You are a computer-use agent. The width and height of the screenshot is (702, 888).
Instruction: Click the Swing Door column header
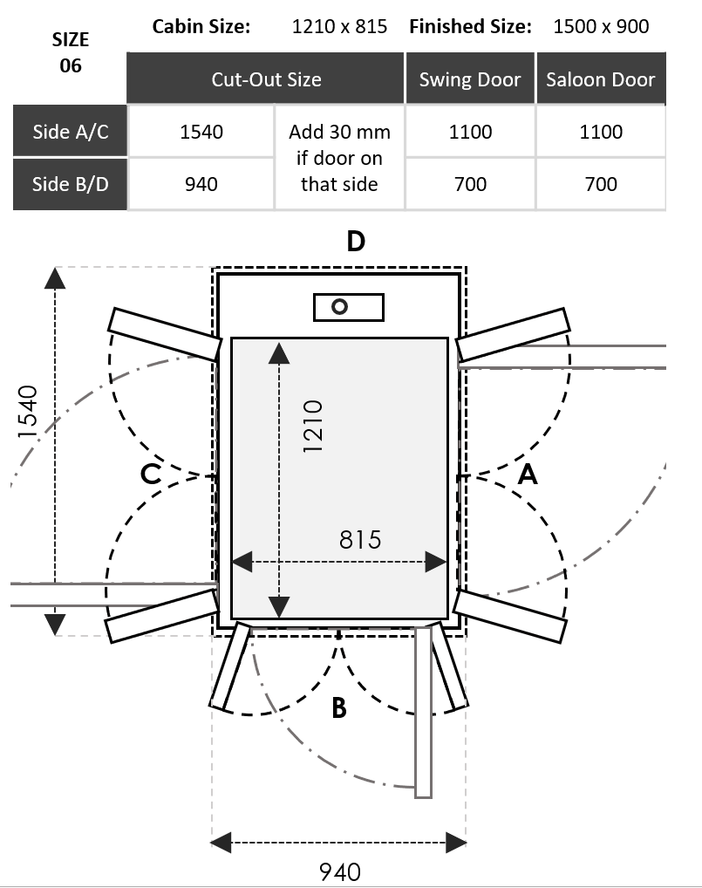click(x=469, y=79)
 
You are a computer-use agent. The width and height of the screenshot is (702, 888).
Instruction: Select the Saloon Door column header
click(x=600, y=79)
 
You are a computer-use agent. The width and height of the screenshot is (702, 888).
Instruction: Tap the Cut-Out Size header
click(x=266, y=79)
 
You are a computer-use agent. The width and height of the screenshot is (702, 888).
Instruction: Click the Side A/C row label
click(x=70, y=132)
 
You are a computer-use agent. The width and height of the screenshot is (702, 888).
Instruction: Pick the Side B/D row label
click(x=70, y=184)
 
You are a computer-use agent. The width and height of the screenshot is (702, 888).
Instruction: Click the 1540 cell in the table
click(x=201, y=132)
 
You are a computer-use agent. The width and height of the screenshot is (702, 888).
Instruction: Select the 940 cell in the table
click(x=201, y=184)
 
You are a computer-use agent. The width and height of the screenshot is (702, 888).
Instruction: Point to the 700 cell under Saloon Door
click(x=601, y=184)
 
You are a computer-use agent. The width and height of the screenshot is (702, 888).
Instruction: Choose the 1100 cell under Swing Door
click(x=470, y=132)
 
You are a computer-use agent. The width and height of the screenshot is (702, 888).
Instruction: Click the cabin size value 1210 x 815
click(x=340, y=26)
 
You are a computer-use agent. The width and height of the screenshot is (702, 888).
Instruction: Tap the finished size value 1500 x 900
click(x=601, y=26)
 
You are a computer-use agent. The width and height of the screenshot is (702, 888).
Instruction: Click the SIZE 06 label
click(x=71, y=52)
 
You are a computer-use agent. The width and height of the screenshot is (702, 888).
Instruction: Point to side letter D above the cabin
click(x=355, y=241)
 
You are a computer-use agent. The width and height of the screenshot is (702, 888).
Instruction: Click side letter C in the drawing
click(x=151, y=475)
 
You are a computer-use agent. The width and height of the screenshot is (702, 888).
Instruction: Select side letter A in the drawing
click(x=528, y=475)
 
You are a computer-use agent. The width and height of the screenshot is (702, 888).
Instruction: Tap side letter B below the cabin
click(x=339, y=708)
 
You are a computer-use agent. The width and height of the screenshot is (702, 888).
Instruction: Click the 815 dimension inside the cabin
click(x=360, y=540)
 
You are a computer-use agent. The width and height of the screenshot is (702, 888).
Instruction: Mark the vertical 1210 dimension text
click(x=312, y=425)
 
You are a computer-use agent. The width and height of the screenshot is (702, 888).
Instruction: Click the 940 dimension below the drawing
click(x=339, y=871)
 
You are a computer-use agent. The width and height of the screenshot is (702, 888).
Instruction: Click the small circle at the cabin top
click(x=339, y=306)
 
